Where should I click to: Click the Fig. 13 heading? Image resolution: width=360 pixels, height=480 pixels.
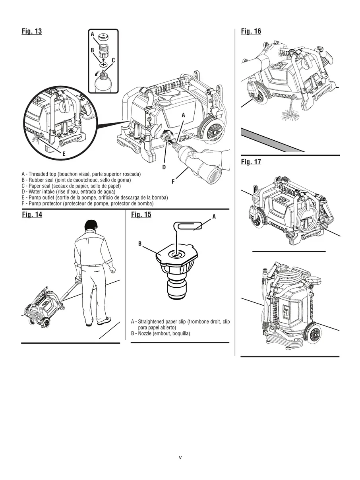click(x=32, y=31)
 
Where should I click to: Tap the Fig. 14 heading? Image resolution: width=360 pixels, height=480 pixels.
click(x=32, y=215)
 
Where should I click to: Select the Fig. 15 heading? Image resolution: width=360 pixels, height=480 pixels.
click(x=141, y=215)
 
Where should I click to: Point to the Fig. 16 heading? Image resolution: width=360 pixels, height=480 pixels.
click(x=251, y=31)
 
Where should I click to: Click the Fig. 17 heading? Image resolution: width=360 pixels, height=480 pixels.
click(x=251, y=162)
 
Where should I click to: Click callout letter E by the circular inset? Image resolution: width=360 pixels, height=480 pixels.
click(x=64, y=154)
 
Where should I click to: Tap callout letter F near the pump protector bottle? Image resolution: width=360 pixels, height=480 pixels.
click(x=173, y=182)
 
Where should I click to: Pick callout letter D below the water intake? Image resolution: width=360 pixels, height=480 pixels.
click(x=164, y=167)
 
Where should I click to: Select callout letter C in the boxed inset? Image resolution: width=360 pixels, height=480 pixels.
click(x=113, y=60)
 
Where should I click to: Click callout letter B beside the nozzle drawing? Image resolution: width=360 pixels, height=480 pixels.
click(x=140, y=244)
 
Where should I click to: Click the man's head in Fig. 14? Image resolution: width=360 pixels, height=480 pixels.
click(x=91, y=226)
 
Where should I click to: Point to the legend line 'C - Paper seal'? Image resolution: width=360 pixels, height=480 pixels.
click(x=71, y=186)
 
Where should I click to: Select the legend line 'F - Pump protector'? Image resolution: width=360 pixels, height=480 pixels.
click(x=87, y=203)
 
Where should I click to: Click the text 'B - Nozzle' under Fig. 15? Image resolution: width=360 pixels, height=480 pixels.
click(x=161, y=333)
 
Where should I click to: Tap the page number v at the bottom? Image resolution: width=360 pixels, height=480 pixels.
click(x=180, y=457)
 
